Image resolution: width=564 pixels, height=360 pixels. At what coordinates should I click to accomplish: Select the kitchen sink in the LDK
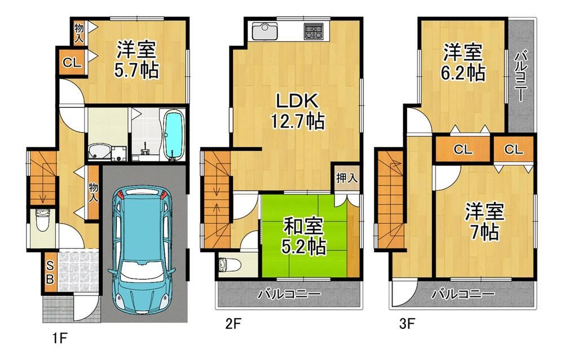point(265,31)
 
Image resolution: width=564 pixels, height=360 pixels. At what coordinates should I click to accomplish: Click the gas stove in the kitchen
point(314,30)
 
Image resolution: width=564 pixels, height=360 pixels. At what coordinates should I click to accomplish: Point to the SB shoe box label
point(50,272)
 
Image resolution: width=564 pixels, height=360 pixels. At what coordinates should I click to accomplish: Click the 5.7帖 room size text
point(136,71)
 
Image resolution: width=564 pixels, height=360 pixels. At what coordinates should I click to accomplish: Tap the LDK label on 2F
point(297,101)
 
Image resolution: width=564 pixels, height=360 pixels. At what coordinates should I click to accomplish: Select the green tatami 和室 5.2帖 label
point(305,236)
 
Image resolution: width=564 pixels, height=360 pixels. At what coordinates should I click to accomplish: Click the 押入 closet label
point(346,178)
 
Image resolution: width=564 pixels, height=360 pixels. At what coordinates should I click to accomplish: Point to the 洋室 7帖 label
point(484,221)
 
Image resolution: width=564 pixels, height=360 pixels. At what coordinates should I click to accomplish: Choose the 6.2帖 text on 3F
point(463,74)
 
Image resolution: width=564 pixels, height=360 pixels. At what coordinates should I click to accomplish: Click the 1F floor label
point(59,339)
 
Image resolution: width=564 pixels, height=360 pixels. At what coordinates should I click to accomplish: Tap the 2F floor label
point(233,324)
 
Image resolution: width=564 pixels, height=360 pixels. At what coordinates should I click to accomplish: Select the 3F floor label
point(407,324)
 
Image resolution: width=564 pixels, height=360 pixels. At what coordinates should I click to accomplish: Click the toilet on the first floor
point(42,220)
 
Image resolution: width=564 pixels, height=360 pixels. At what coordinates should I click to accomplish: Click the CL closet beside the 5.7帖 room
point(72,63)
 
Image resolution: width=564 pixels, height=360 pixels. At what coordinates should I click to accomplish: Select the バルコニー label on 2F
point(289,295)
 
